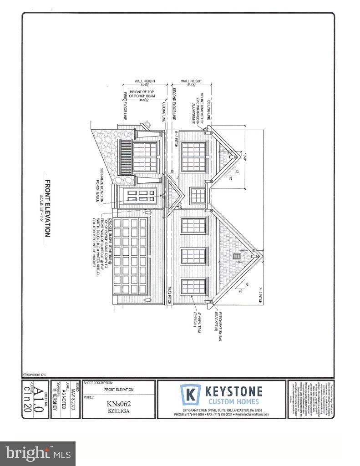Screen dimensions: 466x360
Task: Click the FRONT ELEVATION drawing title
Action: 47,208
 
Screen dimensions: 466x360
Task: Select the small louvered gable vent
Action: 237,257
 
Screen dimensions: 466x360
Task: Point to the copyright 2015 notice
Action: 35,375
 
